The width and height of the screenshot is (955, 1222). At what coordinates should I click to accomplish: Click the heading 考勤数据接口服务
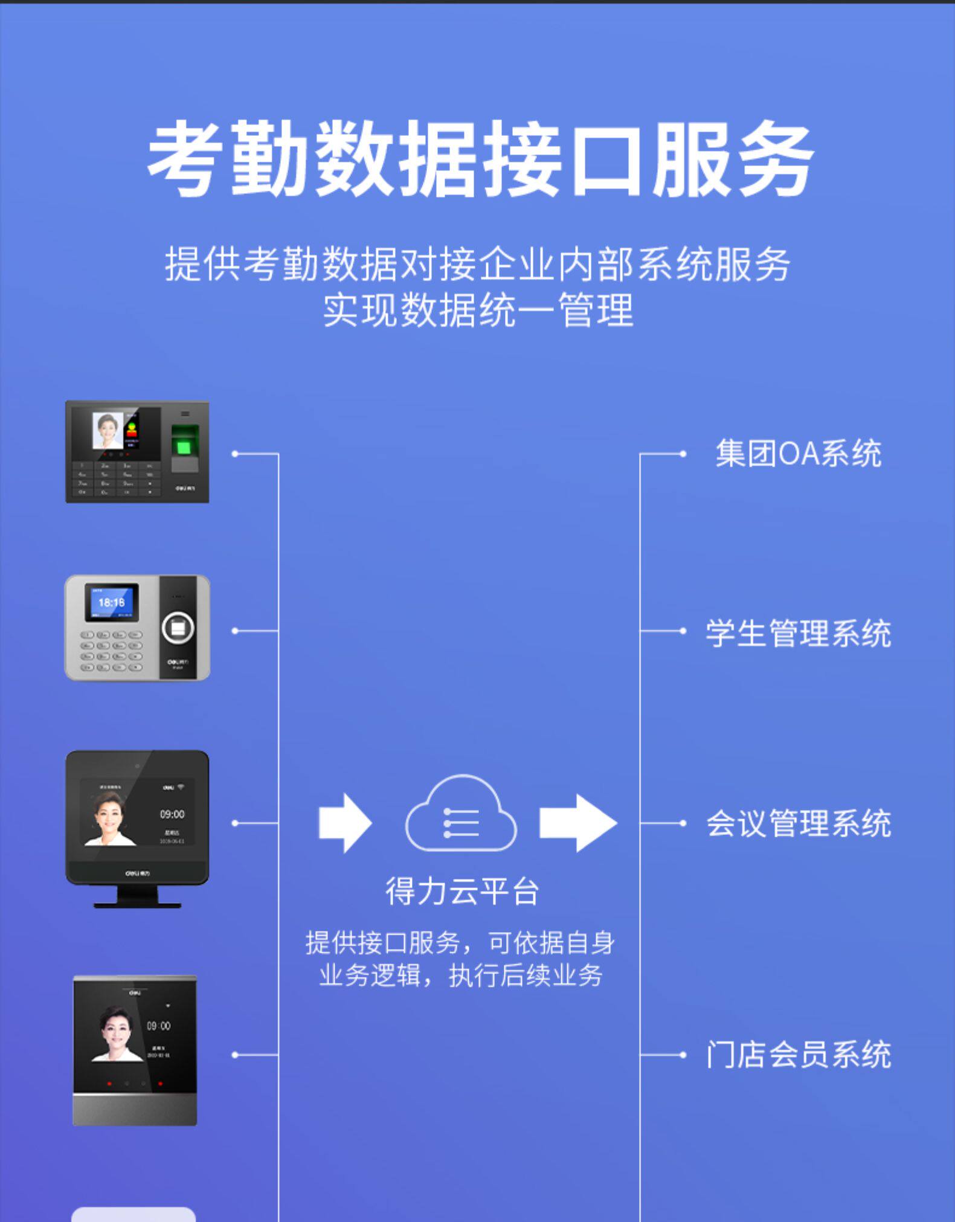(x=480, y=158)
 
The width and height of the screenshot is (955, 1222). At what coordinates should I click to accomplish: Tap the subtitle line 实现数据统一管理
(x=478, y=310)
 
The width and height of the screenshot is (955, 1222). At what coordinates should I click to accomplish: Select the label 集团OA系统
(x=798, y=454)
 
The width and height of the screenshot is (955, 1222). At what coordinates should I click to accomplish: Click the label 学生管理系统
(x=798, y=634)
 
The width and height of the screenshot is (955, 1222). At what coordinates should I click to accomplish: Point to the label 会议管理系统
(x=798, y=823)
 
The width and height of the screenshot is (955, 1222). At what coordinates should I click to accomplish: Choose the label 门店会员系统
(x=798, y=1055)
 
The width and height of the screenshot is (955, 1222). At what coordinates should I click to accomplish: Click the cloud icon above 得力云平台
(x=461, y=815)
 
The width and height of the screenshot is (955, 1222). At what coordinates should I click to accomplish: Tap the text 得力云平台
(x=462, y=892)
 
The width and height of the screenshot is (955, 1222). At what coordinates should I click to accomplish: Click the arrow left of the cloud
(x=345, y=823)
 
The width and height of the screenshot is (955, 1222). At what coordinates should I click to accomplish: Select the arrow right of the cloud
(x=577, y=823)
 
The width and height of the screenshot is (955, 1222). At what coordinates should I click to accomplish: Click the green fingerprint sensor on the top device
(x=185, y=439)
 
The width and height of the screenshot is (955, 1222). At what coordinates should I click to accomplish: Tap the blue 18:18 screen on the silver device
(x=111, y=602)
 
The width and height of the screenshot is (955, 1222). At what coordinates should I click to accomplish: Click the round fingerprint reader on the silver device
(x=178, y=629)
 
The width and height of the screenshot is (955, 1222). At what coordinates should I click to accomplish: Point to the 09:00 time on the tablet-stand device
(x=172, y=814)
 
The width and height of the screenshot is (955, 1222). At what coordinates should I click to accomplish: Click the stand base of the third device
(x=137, y=904)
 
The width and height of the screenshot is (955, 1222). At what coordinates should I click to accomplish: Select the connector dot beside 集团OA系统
(x=683, y=454)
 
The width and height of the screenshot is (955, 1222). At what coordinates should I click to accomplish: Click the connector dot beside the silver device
(x=235, y=631)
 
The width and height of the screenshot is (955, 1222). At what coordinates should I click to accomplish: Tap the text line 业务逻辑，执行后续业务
(x=461, y=976)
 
